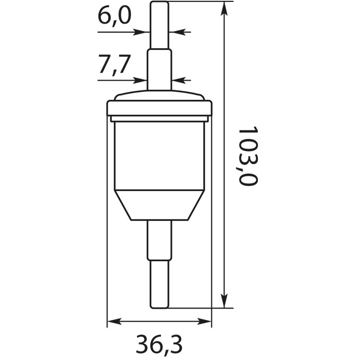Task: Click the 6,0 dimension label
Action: pos(114,16)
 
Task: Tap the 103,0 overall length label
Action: pos(248,156)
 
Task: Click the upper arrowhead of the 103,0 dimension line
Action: pos(224,9)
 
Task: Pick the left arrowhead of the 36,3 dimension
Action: pos(115,322)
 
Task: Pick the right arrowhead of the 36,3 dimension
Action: pos(204,322)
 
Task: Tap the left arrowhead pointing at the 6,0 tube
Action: pos(140,32)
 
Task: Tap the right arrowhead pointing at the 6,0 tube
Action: pos(179,32)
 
